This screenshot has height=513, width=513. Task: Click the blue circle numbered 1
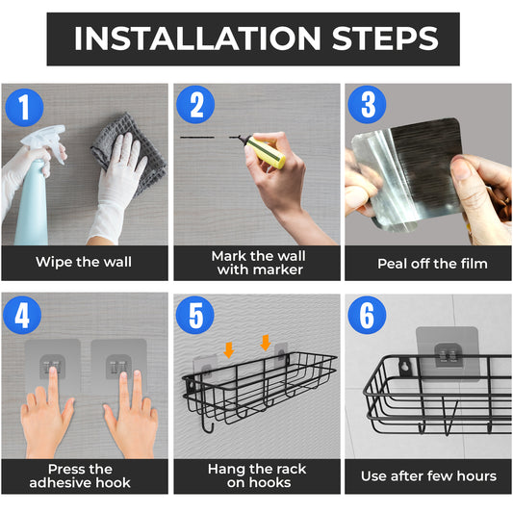click(24, 107)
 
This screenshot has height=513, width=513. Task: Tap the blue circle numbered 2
click(195, 105)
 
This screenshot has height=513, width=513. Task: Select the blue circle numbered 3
click(367, 105)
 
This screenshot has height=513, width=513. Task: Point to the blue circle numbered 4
click(22, 315)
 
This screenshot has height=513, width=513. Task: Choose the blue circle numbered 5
click(195, 315)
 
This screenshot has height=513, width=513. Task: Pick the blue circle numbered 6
click(367, 315)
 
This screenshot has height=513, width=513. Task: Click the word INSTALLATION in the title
click(197, 38)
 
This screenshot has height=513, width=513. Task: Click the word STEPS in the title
click(385, 38)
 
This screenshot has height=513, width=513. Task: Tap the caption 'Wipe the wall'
click(84, 262)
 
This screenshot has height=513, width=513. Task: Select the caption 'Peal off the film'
click(432, 264)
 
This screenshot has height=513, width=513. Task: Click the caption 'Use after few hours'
click(428, 476)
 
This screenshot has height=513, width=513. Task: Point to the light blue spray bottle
click(32, 202)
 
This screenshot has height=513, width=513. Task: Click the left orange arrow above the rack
click(229, 350)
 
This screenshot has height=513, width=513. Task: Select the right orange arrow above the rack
click(266, 343)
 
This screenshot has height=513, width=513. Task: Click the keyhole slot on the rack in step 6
click(406, 366)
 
